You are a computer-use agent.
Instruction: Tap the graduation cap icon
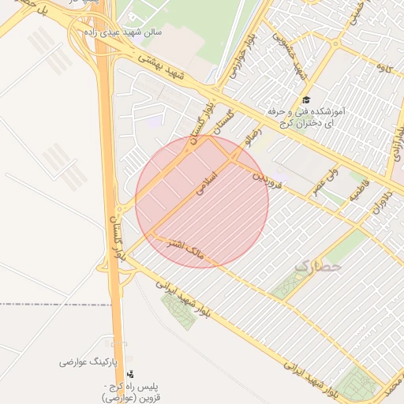pos(306,100)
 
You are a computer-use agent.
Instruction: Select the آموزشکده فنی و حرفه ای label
pos(307,118)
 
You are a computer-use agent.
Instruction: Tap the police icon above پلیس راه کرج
pos(130,374)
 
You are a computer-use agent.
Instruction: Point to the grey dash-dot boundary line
pos(47,304)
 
